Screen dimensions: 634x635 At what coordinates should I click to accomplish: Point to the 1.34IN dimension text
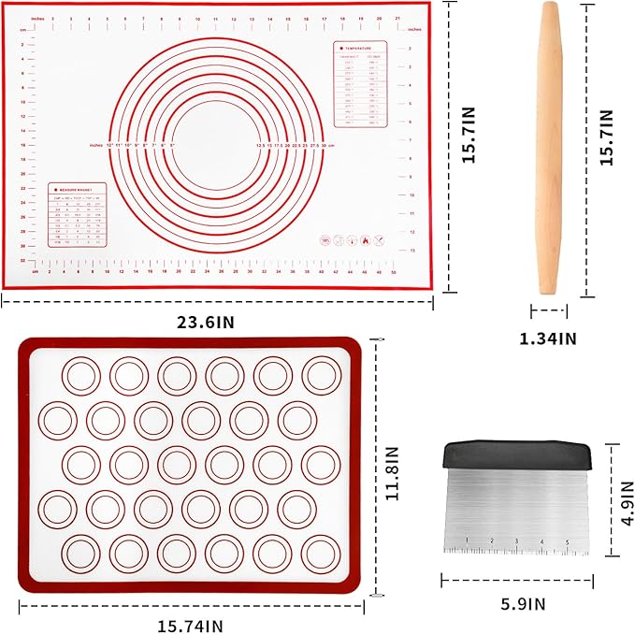click(x=547, y=339)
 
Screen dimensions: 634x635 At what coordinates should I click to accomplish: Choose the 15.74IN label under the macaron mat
click(x=191, y=625)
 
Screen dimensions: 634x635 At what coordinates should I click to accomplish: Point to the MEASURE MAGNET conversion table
click(x=78, y=214)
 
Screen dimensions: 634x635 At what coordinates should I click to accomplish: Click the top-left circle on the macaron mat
click(x=81, y=376)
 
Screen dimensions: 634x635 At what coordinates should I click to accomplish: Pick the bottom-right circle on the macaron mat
click(x=320, y=554)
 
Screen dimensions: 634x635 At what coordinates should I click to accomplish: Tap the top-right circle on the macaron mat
click(x=320, y=376)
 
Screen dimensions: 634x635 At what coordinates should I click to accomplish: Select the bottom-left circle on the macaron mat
click(x=81, y=554)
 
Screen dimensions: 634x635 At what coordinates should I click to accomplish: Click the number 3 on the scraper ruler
click(x=516, y=541)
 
